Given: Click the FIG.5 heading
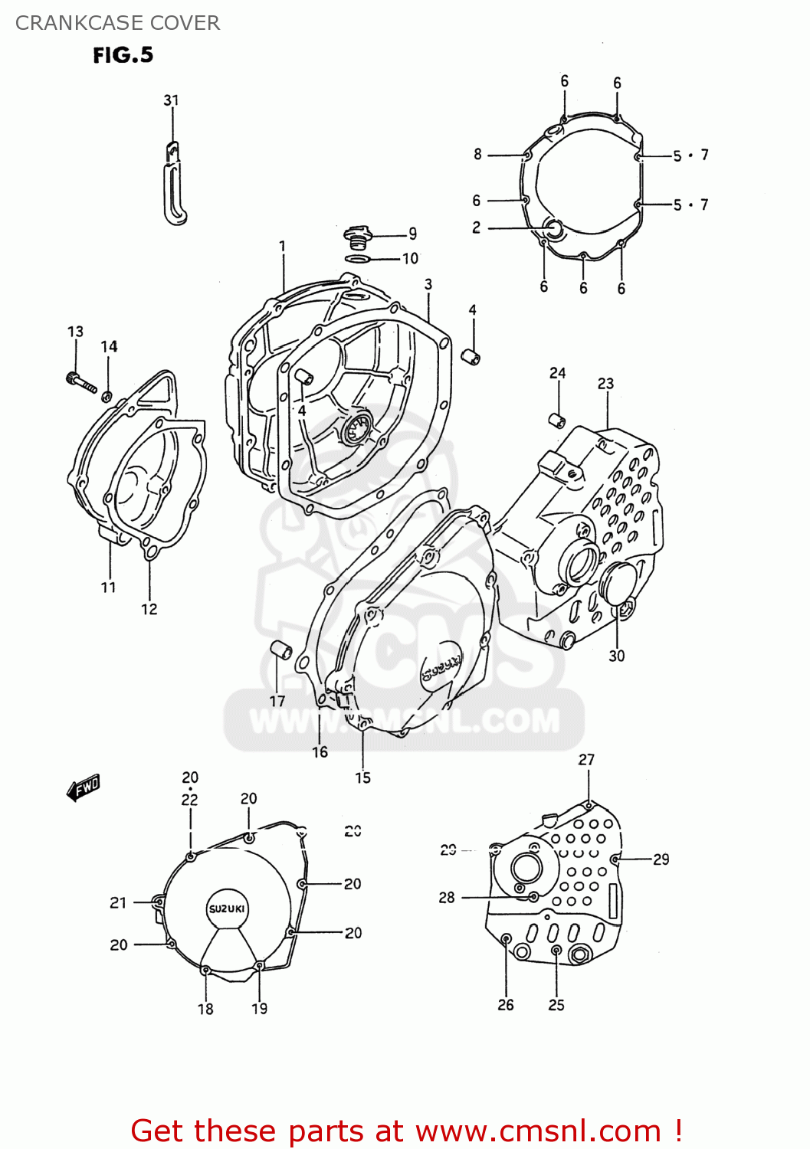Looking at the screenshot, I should [123, 55].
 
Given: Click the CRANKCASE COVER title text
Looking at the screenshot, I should [117, 23].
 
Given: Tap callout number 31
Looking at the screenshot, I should [171, 100].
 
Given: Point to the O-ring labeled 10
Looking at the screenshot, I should [358, 259].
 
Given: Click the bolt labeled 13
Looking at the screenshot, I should [80, 381].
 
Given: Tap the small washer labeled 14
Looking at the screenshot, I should [107, 396].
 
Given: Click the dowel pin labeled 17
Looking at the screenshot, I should [281, 650].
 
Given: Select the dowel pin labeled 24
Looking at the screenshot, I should [557, 420].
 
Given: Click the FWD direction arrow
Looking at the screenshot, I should [84, 788].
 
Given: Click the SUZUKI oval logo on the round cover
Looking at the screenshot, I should [227, 908].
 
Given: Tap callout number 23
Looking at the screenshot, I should [605, 383].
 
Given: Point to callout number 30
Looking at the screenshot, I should [616, 656].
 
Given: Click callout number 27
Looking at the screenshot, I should [586, 759].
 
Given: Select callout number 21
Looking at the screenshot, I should [118, 902].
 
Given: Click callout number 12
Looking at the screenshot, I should [149, 609].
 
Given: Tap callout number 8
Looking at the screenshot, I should [477, 154].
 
